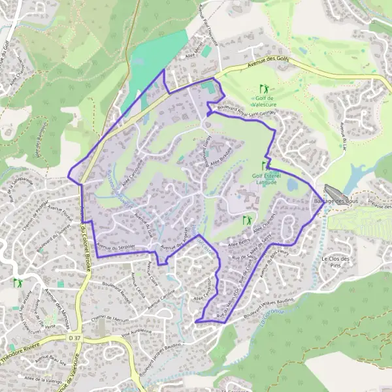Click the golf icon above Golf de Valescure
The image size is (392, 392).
pyautogui.click(x=263, y=88)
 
